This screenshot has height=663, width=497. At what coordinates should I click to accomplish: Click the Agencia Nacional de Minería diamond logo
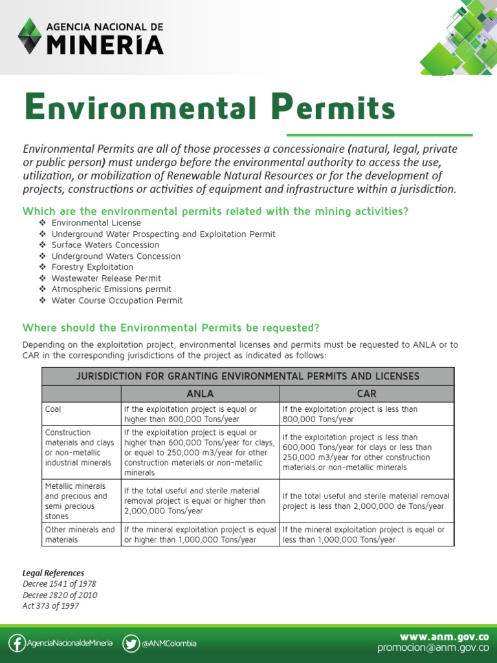point(28,36)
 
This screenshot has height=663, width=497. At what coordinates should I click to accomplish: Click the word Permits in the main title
point(324,107)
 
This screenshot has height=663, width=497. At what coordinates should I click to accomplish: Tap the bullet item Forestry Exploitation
point(92,267)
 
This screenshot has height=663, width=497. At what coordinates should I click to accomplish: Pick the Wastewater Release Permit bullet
point(106,278)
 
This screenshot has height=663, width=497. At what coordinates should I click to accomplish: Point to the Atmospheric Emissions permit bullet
point(111,289)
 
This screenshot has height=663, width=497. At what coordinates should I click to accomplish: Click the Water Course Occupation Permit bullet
point(116,300)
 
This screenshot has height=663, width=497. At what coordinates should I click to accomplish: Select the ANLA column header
point(200,393)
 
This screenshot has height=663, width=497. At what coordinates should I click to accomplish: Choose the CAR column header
point(366,393)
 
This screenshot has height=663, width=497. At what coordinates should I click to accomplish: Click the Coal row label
point(53,409)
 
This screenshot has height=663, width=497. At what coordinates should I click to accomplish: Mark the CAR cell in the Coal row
point(350,414)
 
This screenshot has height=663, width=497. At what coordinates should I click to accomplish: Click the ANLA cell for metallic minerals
point(195,500)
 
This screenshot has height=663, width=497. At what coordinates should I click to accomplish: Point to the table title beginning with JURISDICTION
point(248,376)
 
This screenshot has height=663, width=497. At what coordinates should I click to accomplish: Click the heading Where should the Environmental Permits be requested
point(171,327)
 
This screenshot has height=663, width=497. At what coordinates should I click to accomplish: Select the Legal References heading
point(53,573)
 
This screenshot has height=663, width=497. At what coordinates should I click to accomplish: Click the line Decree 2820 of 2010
point(60,595)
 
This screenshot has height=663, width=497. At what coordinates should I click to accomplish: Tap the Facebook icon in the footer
point(17,643)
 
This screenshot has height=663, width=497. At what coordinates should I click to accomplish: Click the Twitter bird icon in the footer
point(131,643)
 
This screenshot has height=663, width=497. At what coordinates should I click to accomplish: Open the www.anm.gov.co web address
point(445,636)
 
